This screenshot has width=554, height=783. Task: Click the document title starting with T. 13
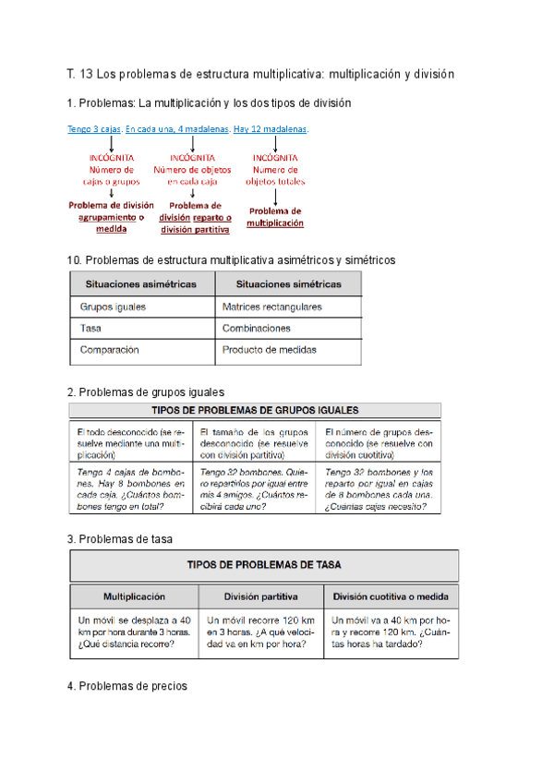(261, 73)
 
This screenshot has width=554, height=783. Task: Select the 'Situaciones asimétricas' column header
(141, 283)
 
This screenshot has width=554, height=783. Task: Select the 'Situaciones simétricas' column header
(288, 283)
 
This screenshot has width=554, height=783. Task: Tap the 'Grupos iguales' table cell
(113, 307)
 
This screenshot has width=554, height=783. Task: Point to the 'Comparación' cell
(109, 351)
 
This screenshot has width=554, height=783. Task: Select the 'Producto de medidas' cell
(269, 351)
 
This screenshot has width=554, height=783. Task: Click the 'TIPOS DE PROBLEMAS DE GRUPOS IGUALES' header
(256, 410)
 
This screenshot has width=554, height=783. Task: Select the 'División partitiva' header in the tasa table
(262, 596)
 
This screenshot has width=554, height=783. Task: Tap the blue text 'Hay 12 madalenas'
(271, 129)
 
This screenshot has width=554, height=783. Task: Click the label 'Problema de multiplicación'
(275, 217)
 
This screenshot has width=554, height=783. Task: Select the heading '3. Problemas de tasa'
(120, 538)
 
